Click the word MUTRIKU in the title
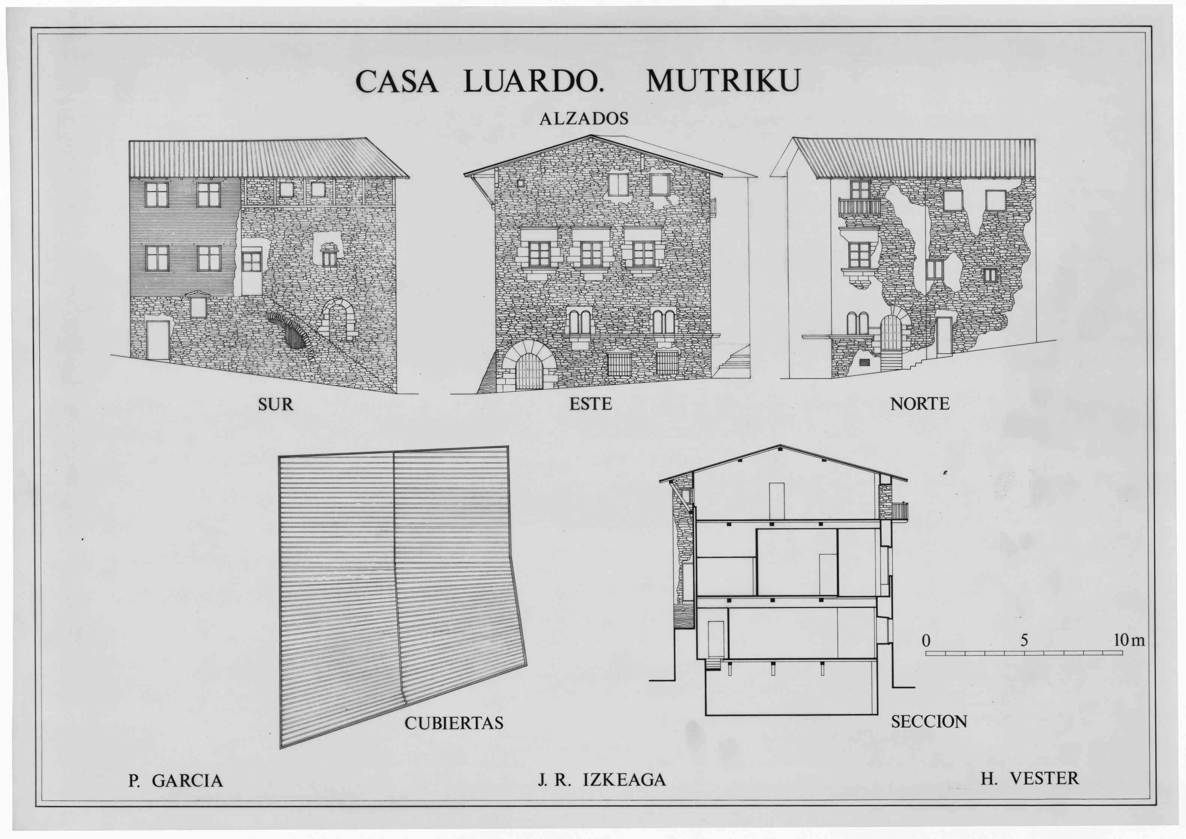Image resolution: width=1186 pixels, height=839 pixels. click(723, 81)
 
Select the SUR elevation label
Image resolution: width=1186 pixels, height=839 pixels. click(276, 404)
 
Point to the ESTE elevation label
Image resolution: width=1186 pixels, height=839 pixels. click(590, 404)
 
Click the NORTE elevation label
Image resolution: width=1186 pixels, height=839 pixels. click(920, 404)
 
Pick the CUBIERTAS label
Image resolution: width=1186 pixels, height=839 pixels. click(454, 723)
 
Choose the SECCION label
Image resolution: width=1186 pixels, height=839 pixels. click(929, 722)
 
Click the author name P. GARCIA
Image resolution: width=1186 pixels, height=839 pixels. click(176, 780)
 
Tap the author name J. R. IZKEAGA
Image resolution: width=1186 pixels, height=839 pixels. click(602, 780)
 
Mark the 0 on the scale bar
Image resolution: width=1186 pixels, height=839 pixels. click(926, 641)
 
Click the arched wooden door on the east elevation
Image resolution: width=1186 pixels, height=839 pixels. click(528, 371)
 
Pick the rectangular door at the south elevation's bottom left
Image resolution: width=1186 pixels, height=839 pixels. click(158, 340)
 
